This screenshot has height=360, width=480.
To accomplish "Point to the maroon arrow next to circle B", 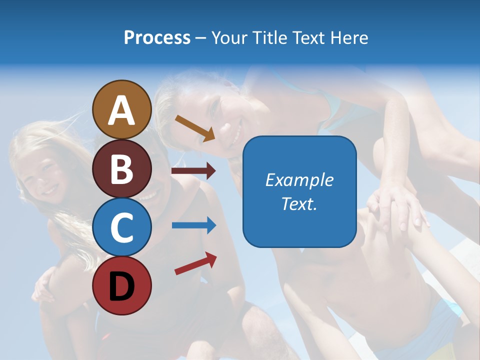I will [193, 171].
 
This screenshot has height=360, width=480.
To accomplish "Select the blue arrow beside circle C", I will [193, 225].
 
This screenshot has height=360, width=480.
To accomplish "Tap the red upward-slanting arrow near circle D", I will [195, 263].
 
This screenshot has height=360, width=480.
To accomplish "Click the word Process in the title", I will [157, 37].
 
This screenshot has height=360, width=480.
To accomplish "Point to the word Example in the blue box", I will [299, 180].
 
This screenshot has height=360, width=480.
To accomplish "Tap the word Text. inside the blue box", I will [299, 204].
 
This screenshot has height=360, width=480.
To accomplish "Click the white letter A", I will [122, 111].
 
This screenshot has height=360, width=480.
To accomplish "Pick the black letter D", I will [122, 286].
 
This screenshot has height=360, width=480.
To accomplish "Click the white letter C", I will [122, 227].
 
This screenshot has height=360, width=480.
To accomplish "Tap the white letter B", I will [122, 169].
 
